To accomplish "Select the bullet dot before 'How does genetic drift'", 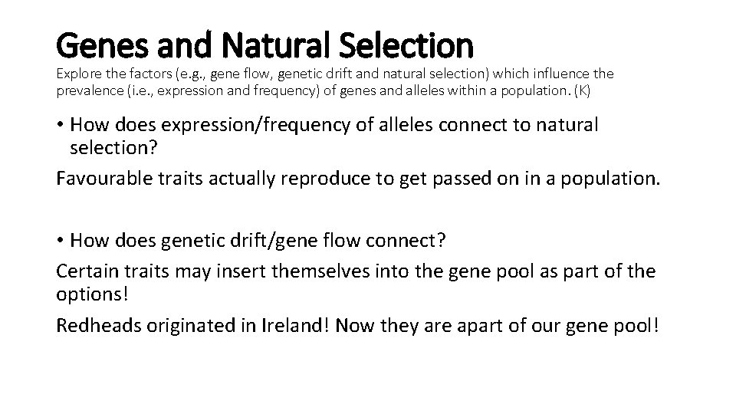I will coord(61,239).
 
